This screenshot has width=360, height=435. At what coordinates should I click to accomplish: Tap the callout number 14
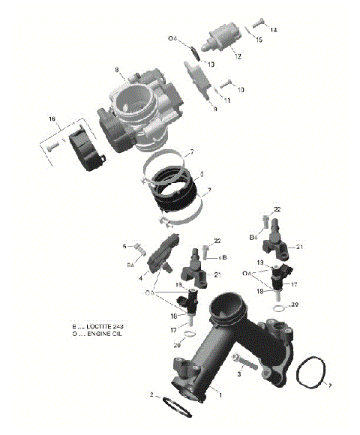[274, 30]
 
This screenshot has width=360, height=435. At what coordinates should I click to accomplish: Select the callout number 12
[237, 56]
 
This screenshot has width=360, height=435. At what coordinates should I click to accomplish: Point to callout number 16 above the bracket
[52, 119]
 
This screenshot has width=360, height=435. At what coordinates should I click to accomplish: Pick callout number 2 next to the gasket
[151, 395]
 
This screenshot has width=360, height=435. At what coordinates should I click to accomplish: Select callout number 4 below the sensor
[140, 278]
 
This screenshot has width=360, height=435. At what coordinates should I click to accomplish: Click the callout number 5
[124, 245]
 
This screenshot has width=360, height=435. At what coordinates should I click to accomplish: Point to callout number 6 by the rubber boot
[202, 174]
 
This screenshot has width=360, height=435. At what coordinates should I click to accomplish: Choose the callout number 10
[240, 90]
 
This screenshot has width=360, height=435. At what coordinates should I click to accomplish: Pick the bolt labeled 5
[139, 244]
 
